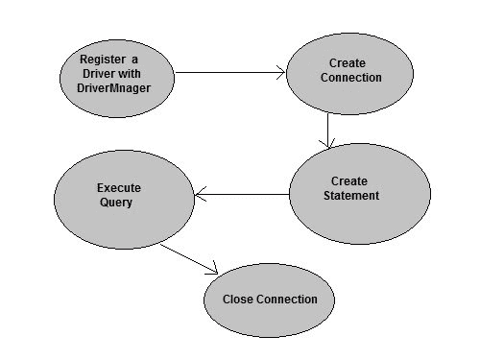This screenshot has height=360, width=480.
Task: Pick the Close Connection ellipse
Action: tap(270, 300)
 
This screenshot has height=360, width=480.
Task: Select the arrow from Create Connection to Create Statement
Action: tap(328, 130)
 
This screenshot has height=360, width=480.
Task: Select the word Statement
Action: tap(351, 196)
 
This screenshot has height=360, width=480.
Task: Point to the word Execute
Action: tap(120, 187)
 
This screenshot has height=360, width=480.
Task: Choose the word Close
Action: tap(237, 300)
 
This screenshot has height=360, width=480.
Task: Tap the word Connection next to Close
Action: tap(286, 300)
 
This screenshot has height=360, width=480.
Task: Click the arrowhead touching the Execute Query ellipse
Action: tap(200, 196)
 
